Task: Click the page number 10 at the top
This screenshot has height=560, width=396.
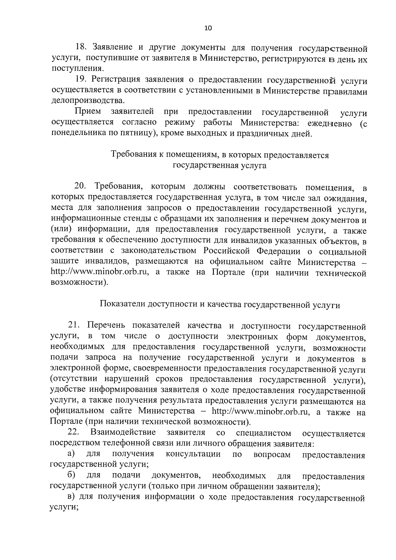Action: (x=208, y=28)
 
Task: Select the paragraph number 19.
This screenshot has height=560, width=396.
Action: (x=81, y=80)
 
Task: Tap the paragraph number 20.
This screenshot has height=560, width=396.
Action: (x=81, y=186)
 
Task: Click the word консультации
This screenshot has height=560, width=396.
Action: (x=193, y=454)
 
